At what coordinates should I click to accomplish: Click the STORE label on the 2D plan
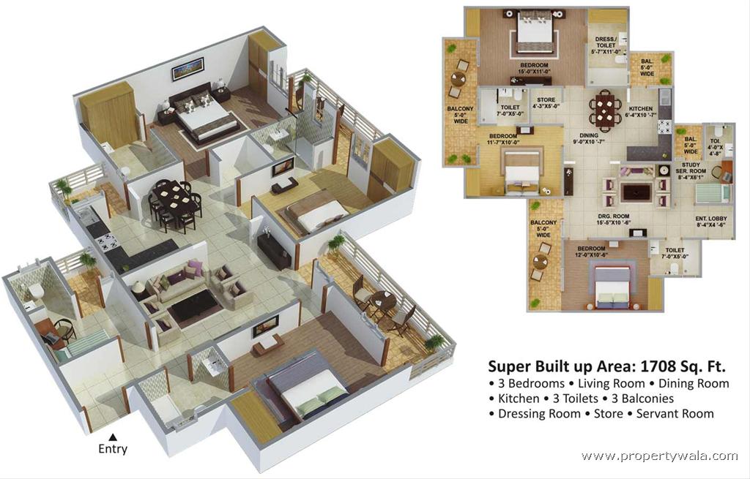[x=546, y=99]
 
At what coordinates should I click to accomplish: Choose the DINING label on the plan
[x=588, y=135]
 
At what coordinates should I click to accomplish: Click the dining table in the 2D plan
[x=606, y=110]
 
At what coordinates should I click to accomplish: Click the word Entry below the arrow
[x=113, y=449]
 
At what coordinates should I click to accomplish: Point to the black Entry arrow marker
[x=113, y=437]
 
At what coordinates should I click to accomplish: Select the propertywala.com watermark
[x=660, y=456]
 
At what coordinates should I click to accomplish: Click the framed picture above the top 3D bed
[x=187, y=69]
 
